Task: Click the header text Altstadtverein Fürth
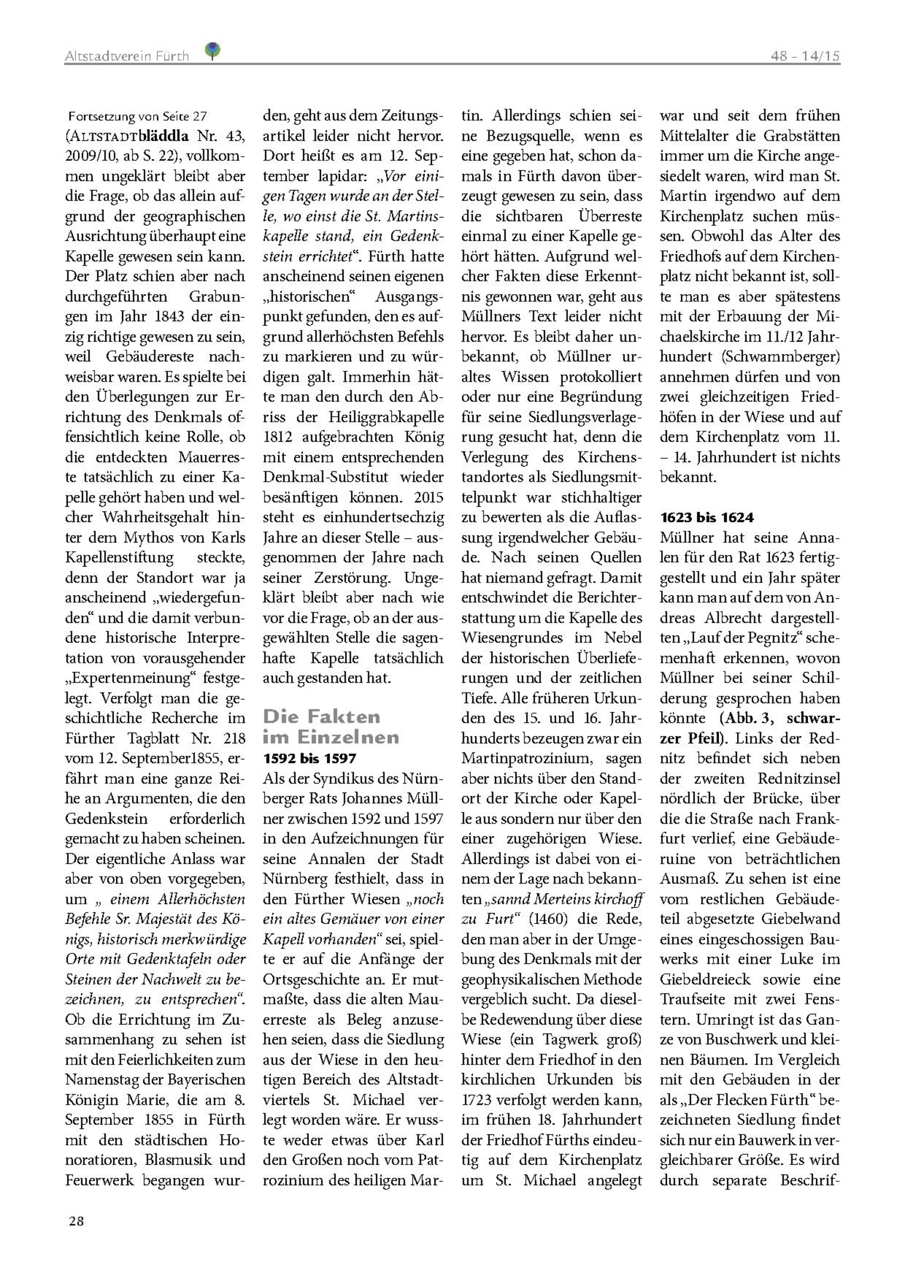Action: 127,56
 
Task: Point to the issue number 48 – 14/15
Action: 805,56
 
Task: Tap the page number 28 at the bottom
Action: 77,1220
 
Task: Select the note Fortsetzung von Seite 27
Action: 138,117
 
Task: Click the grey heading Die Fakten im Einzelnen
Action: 331,727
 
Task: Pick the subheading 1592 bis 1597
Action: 309,758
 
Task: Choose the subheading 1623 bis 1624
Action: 706,517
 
